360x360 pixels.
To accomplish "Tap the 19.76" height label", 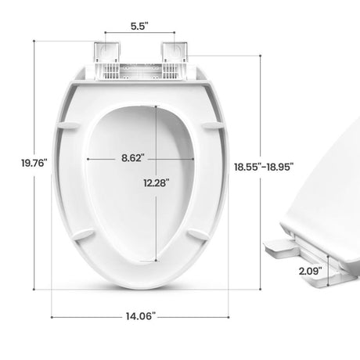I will [x=13, y=162].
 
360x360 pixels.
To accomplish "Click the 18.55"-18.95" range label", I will [x=263, y=166].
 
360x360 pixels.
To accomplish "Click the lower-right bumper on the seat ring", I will [x=199, y=233].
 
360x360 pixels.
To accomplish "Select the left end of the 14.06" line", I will [x=52, y=316].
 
